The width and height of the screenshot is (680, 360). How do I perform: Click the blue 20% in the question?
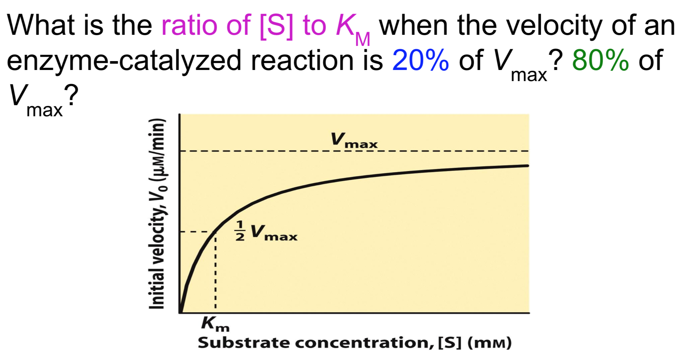click(x=420, y=60)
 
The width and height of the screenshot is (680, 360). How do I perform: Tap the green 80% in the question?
click(x=600, y=60)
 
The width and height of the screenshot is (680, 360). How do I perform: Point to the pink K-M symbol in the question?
click(x=352, y=30)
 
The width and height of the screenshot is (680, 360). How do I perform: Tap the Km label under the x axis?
click(x=215, y=324)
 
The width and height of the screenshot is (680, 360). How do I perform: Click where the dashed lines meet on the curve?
click(x=216, y=232)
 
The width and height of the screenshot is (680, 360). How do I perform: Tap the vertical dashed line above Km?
click(x=216, y=274)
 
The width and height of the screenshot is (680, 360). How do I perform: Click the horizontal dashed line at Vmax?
click(x=444, y=151)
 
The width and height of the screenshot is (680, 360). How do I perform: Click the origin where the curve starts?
click(x=180, y=312)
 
